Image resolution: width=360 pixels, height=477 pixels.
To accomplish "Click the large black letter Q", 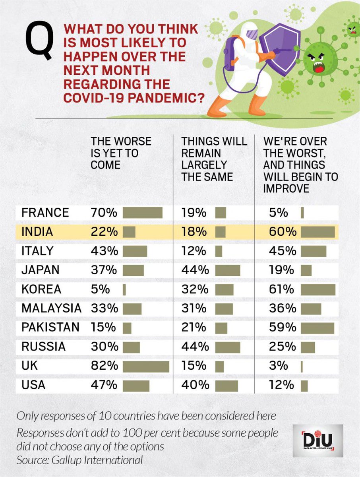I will click(x=40, y=41).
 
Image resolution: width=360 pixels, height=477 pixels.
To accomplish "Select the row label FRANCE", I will click(x=45, y=213).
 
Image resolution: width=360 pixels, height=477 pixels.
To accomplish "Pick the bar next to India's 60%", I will click(x=318, y=232).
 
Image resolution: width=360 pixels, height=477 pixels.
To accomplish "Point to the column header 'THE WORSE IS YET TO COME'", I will click(x=121, y=153).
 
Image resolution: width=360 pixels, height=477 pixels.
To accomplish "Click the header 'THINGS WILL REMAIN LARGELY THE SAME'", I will click(x=214, y=159).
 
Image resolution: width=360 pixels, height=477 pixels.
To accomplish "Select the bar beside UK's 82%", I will click(x=146, y=366).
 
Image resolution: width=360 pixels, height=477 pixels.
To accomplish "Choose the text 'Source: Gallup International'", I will click(x=79, y=460).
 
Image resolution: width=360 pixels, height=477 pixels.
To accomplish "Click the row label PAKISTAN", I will click(x=50, y=328).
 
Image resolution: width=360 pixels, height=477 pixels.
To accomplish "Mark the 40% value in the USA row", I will click(x=195, y=385).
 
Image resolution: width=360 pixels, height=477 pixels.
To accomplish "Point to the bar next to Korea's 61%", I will click(x=318, y=289).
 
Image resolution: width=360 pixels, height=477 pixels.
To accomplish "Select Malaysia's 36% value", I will click(x=282, y=308).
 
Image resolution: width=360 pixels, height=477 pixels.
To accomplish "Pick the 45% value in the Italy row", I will click(x=282, y=251).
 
